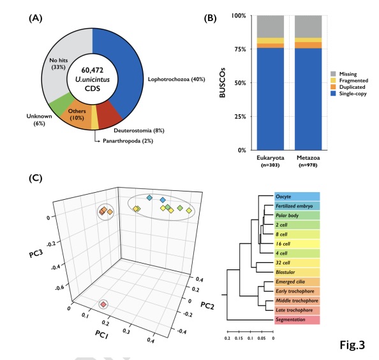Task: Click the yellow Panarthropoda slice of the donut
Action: point(95,123)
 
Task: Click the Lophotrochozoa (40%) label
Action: point(177,79)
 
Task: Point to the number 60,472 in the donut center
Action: point(93,70)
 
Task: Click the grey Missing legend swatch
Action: point(333,74)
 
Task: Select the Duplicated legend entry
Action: point(348,87)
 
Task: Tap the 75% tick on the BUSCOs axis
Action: point(240,49)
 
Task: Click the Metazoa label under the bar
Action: point(308,158)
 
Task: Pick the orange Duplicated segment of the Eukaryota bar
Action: point(271,46)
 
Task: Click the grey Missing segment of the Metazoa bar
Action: point(308,26)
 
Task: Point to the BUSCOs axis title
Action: point(223,83)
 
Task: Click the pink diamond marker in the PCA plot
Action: point(103,304)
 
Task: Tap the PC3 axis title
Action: point(36,254)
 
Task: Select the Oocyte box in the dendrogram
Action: point(297,197)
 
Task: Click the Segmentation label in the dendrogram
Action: point(290,320)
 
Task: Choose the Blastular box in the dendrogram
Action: point(297,273)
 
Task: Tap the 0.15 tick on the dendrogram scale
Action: point(239,338)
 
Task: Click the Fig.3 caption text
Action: point(352,345)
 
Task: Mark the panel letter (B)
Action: point(210,19)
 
